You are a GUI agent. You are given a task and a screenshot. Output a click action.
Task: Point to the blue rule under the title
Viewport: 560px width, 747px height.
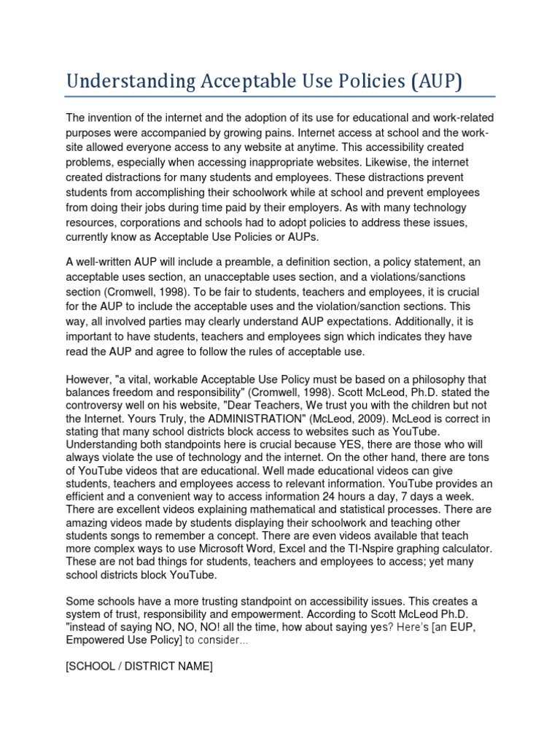point(280,96)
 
